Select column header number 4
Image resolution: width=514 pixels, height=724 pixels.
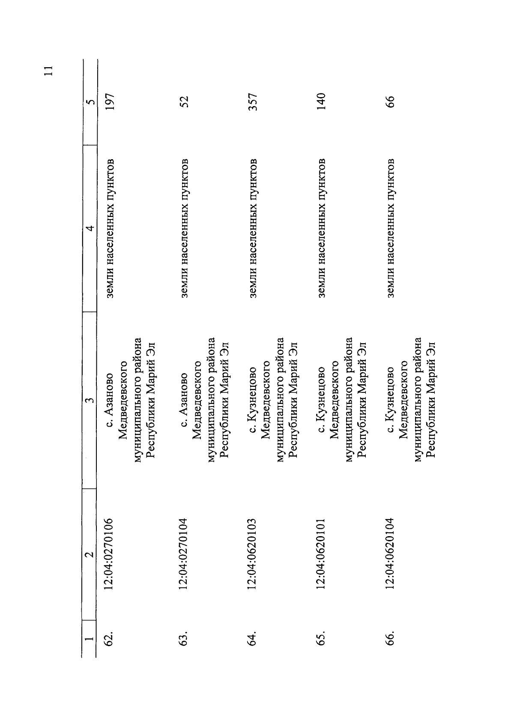(x=90, y=228)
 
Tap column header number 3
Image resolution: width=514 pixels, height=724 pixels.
(x=90, y=401)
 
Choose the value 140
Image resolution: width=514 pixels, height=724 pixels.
(x=322, y=102)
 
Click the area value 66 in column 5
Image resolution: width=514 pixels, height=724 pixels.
(x=390, y=102)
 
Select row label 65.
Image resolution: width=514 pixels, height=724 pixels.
(x=322, y=637)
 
